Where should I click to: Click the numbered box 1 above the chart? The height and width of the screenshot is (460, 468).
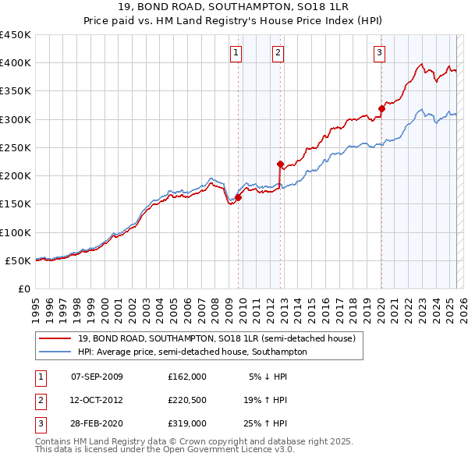pos(236,53)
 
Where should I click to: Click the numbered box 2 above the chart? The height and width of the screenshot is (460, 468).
pos(278,53)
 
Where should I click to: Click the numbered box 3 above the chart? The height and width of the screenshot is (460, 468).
pos(379,53)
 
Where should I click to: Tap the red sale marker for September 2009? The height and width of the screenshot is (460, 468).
pos(238,197)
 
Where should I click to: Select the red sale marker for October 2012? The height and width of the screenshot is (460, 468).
pos(280,165)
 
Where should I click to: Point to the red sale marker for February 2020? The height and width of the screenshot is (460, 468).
pos(381,108)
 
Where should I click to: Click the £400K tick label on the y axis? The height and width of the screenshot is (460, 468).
pos(16,63)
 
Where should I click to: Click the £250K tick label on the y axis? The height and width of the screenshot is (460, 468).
pos(16,147)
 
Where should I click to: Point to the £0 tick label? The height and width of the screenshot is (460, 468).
pos(24,288)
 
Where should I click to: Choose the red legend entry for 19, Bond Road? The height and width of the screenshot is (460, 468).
pos(217,338)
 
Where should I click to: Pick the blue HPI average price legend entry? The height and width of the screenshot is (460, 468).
pos(192,352)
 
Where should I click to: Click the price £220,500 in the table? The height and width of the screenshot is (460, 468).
pos(187,400)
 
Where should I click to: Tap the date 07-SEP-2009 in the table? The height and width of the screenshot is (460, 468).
pos(97,377)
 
